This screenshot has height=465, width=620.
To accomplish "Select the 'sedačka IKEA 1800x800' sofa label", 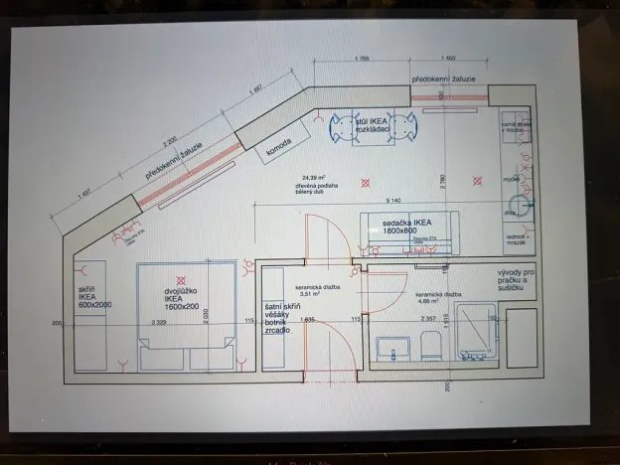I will [408, 228].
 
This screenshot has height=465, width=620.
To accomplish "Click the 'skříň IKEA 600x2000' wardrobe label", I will [95, 297].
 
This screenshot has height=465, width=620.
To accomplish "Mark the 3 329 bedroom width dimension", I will [160, 322].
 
